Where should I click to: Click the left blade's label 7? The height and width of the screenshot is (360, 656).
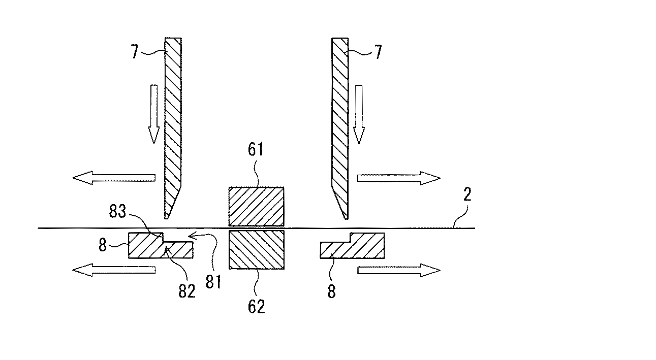135,52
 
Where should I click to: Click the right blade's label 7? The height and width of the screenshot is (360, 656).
378,52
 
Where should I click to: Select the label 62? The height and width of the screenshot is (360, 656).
256,306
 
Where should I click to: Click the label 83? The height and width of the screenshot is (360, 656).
117,213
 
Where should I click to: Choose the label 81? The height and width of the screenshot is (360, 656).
214,281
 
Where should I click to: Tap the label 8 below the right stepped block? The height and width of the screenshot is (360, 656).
331,292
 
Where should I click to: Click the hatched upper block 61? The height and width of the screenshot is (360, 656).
256,206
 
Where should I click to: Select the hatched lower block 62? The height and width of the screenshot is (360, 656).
256,249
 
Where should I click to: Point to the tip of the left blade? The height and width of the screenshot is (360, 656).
167,217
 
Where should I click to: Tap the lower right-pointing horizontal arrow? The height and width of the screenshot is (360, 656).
398,270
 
